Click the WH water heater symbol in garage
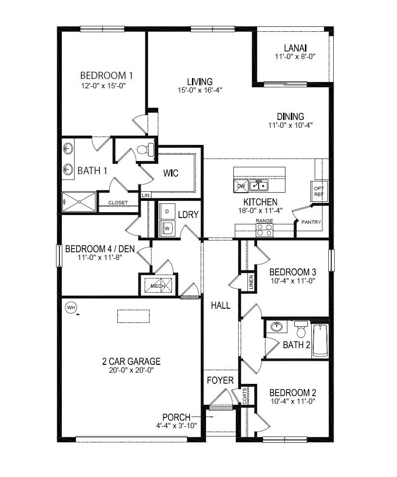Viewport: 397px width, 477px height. click(71, 307)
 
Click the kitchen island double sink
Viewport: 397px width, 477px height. click(259, 185)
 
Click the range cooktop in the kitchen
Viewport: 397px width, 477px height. click(265, 230)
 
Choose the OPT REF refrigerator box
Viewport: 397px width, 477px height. click(319, 191)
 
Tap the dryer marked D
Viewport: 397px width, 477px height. click(167, 212)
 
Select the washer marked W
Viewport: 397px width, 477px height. click(167, 227)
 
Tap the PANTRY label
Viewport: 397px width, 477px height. click(311, 222)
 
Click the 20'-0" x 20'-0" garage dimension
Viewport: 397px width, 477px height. click(131, 371)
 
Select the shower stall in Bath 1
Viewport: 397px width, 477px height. click(79, 201)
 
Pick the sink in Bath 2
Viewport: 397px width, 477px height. click(277, 326)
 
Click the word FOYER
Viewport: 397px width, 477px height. click(220, 380)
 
